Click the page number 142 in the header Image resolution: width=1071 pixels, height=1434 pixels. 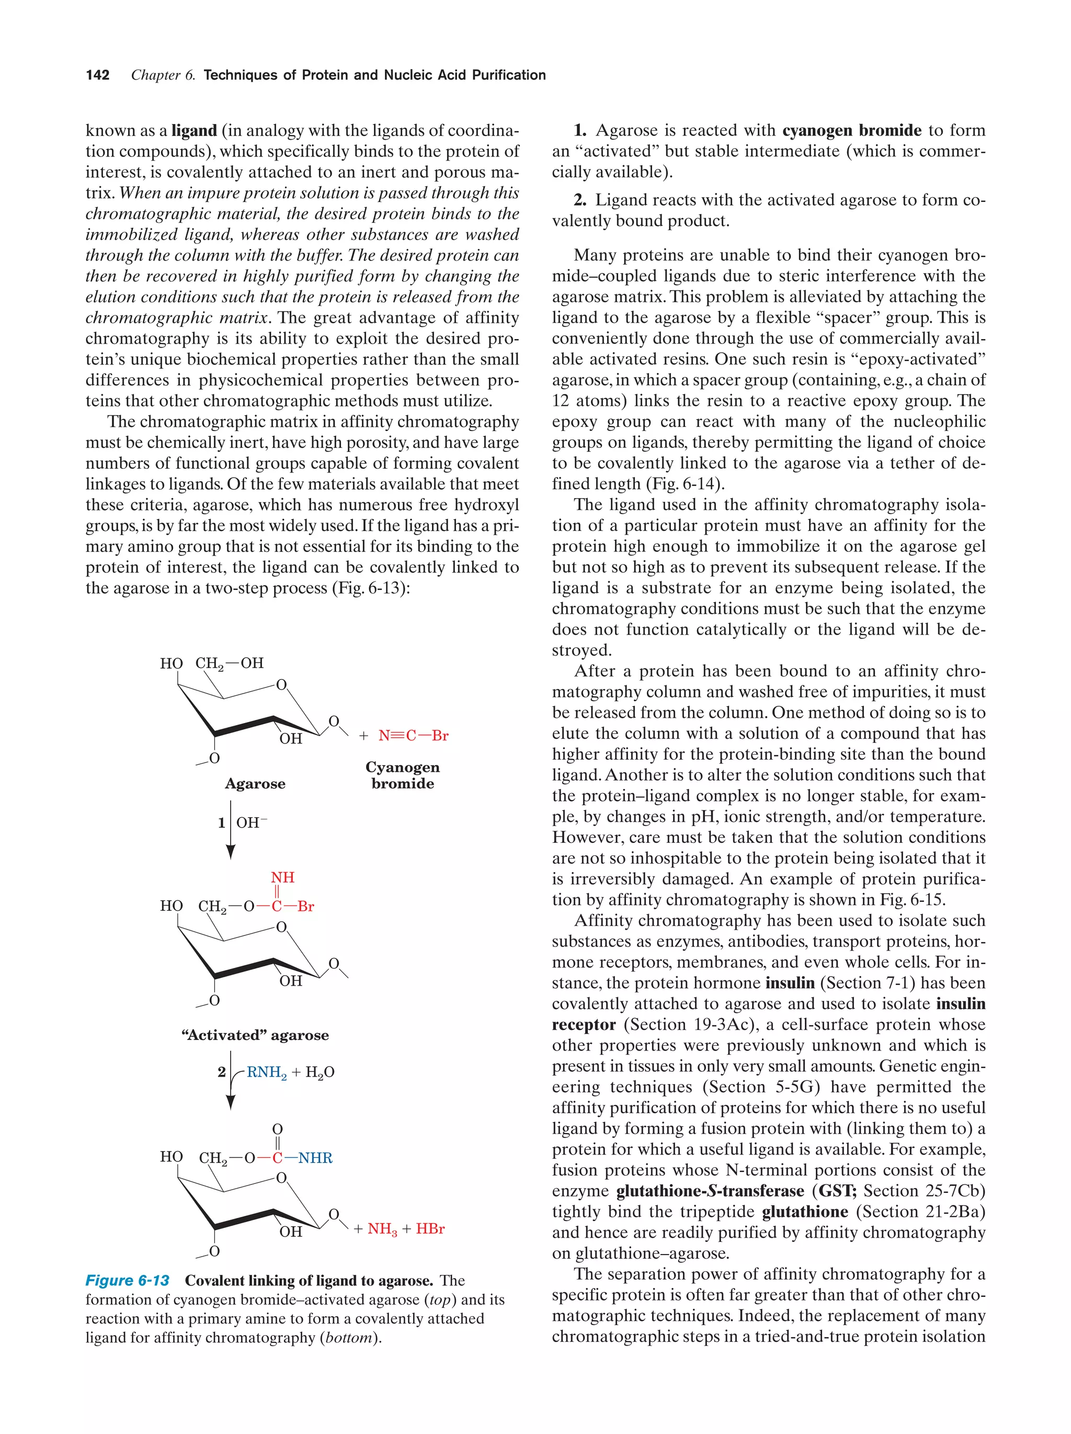click(97, 75)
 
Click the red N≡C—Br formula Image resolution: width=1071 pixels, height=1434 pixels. click(413, 736)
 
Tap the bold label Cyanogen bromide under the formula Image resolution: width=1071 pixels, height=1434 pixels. click(402, 775)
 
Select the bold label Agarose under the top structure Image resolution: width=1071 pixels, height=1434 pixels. click(255, 784)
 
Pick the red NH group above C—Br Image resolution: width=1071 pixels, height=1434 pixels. click(282, 877)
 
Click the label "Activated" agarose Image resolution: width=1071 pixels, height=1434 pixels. click(255, 1035)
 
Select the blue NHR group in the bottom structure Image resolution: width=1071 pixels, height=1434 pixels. click(315, 1158)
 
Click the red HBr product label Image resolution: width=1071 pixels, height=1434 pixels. click(430, 1228)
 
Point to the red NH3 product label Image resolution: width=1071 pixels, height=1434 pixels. click(382, 1229)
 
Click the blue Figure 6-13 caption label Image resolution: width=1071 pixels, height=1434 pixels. click(128, 1280)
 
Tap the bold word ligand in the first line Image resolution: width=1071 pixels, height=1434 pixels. click(193, 131)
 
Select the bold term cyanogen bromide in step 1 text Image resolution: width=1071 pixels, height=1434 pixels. click(851, 130)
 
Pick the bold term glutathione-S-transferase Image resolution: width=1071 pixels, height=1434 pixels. click(710, 1191)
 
